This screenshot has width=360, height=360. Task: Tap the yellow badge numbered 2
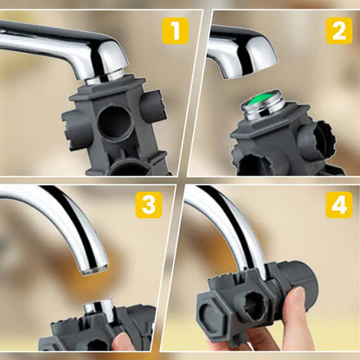pyautogui.click(x=338, y=33)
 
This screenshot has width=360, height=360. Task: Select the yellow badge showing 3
pyautogui.click(x=151, y=205)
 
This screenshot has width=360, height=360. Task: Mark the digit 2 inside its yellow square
pyautogui.click(x=338, y=33)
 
